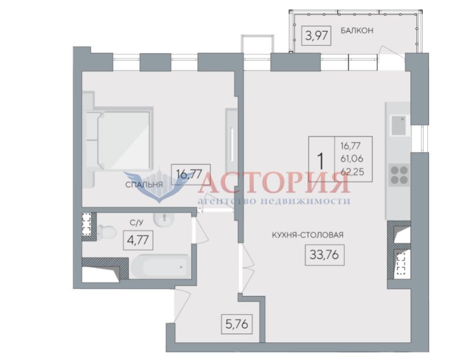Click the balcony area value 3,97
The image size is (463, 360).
[316, 36]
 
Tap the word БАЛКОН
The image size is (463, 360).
[357, 31]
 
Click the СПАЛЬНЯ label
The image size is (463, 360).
[144, 185]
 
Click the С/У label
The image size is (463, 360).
[136, 223]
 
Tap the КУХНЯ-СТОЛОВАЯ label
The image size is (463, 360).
[307, 235]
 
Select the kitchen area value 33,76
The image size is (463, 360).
[324, 254]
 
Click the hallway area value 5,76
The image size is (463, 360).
[237, 324]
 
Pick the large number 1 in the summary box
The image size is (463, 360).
[321, 160]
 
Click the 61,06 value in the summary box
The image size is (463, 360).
[352, 159]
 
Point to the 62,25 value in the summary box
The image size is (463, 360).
[353, 171]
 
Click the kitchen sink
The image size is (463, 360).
[398, 125]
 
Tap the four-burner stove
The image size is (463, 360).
[399, 175]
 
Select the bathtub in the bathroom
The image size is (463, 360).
[160, 267]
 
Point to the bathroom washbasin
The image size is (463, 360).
[163, 220]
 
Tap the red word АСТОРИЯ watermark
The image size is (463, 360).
[274, 183]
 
